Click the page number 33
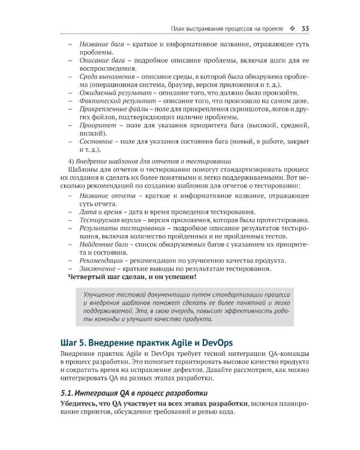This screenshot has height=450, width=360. point(305,28)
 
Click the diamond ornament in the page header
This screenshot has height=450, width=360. point(292,28)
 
